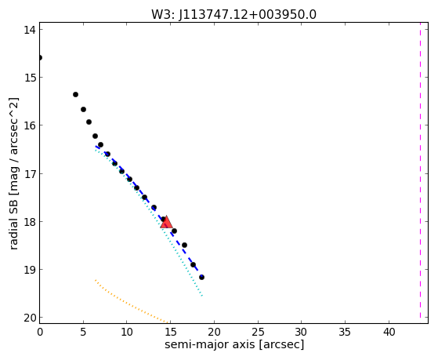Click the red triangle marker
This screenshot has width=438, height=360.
pos(166,222)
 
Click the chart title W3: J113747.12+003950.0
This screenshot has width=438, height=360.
pos(233,14)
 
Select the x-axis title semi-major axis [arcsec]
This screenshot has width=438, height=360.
pos(234,344)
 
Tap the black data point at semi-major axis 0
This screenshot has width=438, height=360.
pos(40,57)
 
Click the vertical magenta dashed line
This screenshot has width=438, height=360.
pos(420,170)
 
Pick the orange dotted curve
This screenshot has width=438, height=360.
pos(132,301)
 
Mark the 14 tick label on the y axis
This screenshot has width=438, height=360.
pos(29,29)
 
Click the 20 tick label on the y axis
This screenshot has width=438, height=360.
pos(29,318)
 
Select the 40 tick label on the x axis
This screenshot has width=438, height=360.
pos(389,332)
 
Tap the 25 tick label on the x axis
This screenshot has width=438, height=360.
pos(258,332)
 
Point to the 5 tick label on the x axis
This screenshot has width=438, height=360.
pos(83,332)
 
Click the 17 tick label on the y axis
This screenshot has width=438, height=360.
pos(29,173)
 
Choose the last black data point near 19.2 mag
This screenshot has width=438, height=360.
pos(201,277)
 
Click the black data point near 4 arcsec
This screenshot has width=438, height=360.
pos(75,95)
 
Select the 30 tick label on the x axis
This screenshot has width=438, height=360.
pos(302,332)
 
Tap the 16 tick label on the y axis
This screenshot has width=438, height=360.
pos(29,125)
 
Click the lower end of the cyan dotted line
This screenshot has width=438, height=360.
pos(202,296)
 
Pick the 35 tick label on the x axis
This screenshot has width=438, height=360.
pos(345,332)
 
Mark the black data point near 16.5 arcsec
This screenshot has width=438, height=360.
pos(184,245)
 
